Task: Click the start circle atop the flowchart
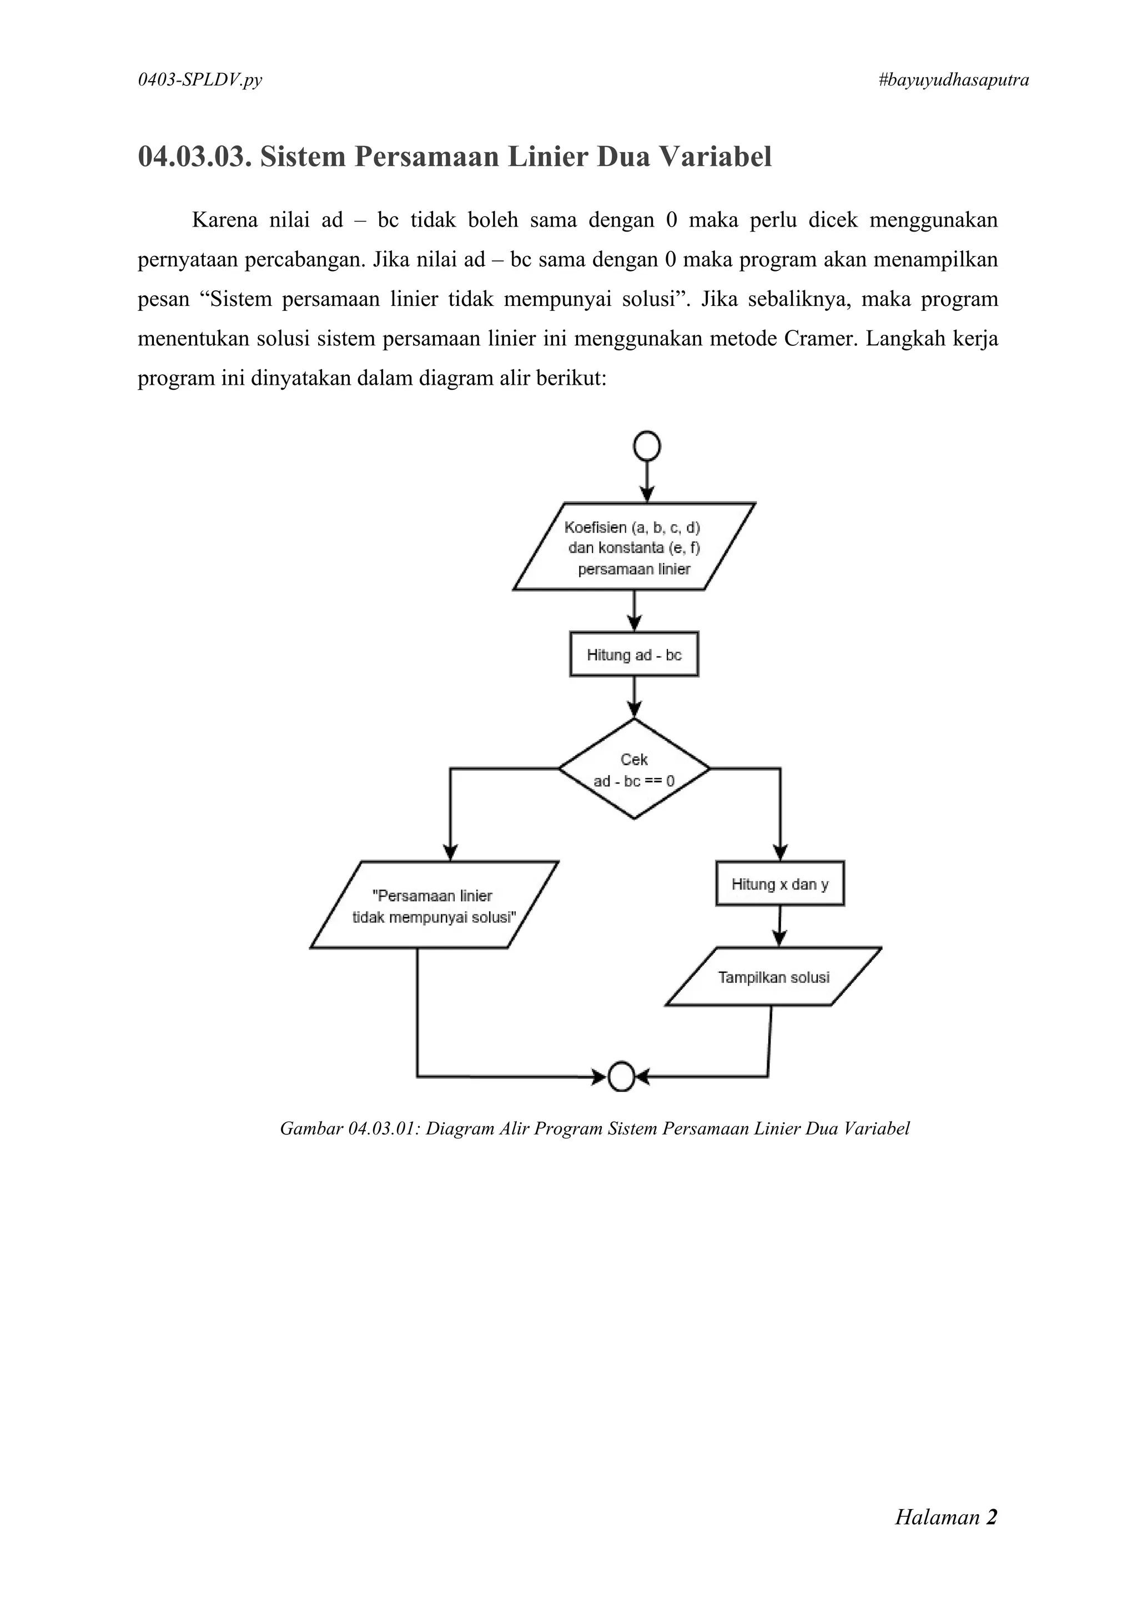[647, 446]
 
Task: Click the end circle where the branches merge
[621, 1077]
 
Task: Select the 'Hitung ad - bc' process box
[633, 655]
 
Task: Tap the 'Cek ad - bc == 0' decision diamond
[633, 769]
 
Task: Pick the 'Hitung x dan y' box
[779, 884]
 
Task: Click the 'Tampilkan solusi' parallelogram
[773, 977]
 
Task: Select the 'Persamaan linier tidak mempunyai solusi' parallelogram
[434, 906]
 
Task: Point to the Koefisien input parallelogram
[633, 547]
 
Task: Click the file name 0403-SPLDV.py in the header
[200, 81]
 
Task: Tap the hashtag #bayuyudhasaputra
[953, 81]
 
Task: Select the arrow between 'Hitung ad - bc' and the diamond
[633, 697]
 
